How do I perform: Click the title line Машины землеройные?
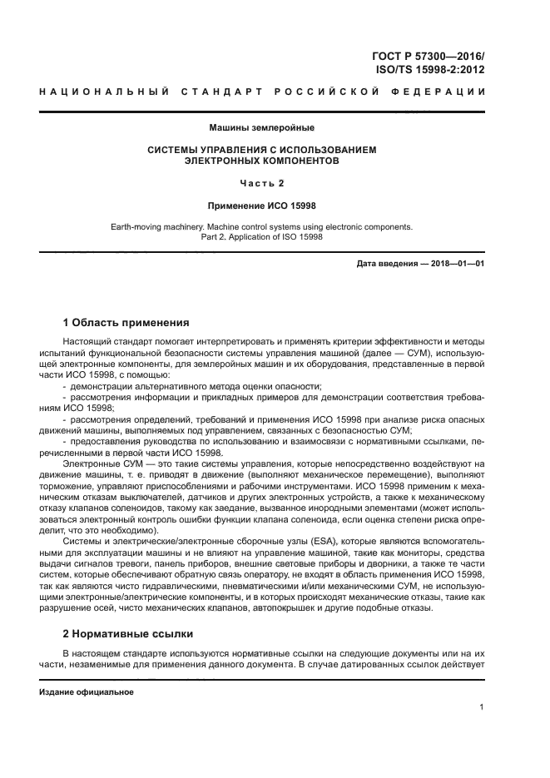point(262,127)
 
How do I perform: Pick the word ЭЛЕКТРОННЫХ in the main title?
point(225,161)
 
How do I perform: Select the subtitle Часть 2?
point(262,183)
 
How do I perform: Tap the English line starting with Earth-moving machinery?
point(262,226)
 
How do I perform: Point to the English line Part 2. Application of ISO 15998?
point(262,236)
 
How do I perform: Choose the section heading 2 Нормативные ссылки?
point(130,632)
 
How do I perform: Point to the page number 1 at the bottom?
point(482,707)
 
